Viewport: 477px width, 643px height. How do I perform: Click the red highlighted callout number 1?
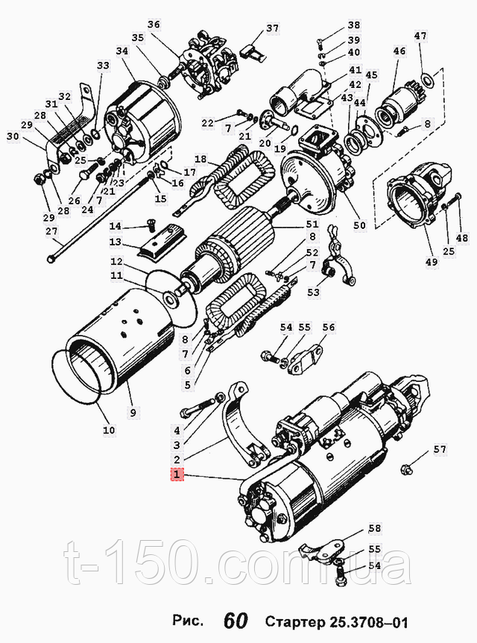(x=177, y=475)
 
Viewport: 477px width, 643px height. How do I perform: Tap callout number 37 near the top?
(x=272, y=28)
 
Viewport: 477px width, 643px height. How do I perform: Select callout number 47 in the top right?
(x=420, y=36)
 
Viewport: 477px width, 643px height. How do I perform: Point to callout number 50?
(x=360, y=225)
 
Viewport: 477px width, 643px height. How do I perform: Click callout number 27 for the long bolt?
(x=51, y=231)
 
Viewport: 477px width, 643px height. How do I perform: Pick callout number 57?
(x=440, y=450)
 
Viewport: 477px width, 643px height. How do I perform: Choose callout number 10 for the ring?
(x=109, y=430)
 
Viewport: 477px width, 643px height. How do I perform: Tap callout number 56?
(x=329, y=327)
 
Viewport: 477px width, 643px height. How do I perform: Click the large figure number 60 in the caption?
(x=236, y=621)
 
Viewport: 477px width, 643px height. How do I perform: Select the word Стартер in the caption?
(x=294, y=621)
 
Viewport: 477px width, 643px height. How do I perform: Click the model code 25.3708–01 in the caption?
(x=368, y=622)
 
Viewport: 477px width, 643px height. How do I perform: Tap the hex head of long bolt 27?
(x=51, y=259)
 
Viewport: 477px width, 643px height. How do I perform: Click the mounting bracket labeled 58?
(x=322, y=550)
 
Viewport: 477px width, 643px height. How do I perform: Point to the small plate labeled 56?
(x=306, y=360)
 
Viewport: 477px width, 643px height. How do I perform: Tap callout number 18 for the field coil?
(x=201, y=159)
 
